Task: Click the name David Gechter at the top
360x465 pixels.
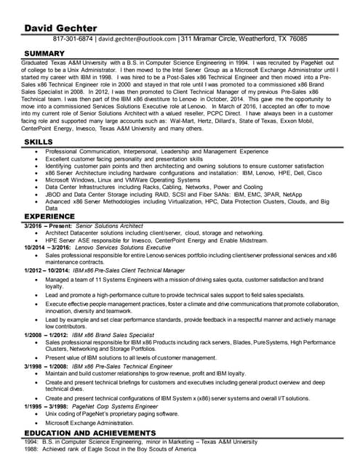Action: [56, 28]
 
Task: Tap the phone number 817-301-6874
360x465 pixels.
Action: [73, 39]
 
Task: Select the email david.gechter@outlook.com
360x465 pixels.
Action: [137, 39]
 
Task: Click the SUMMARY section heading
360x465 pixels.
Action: [45, 54]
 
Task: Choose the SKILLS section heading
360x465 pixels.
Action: [38, 141]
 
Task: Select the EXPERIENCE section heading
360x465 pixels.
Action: [49, 217]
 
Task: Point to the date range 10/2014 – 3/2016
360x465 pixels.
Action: [47, 248]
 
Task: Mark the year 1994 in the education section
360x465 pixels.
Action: [31, 441]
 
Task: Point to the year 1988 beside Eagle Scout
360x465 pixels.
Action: [31, 449]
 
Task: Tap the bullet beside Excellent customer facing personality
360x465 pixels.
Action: [37, 158]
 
